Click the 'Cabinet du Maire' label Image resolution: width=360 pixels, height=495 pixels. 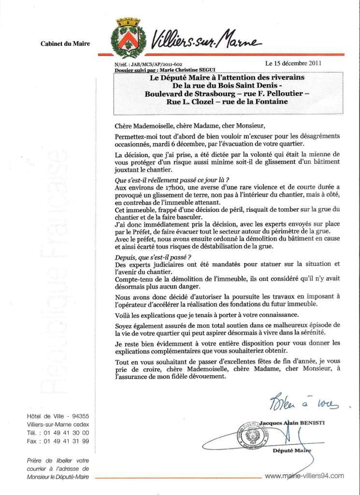[x=66, y=44]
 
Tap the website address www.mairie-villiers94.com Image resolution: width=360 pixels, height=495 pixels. [x=305, y=476]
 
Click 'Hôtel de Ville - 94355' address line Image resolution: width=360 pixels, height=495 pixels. [x=58, y=416]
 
